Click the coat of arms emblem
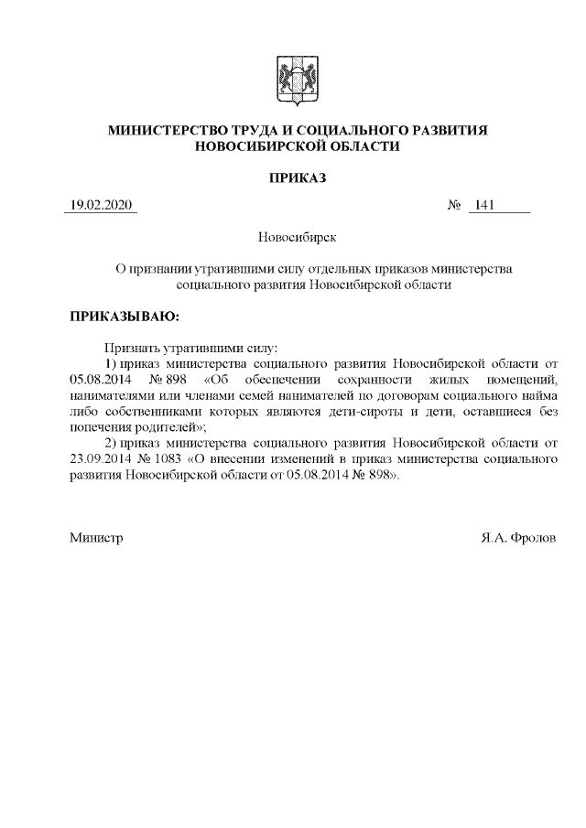click(x=293, y=77)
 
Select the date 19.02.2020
click(x=100, y=205)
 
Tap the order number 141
click(x=485, y=205)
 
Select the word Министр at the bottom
click(x=97, y=538)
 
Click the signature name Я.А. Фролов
click(x=517, y=538)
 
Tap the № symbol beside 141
click(x=453, y=205)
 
